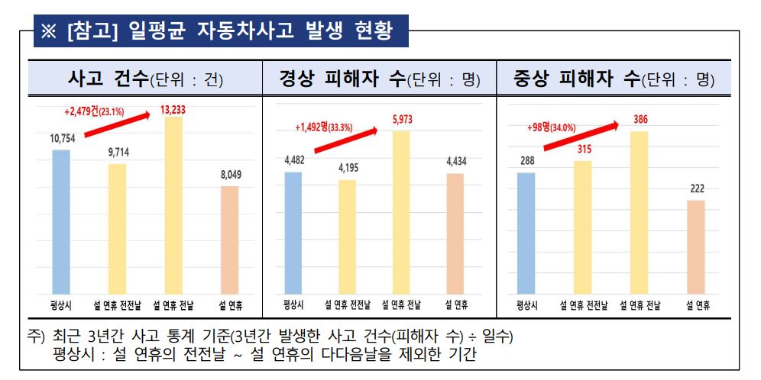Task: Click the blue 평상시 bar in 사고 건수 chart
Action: pos(61,222)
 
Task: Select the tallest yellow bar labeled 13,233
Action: pos(173,206)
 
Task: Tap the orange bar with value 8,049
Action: pos(230,240)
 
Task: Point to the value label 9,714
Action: pos(118,153)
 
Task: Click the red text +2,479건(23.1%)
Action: pos(96,111)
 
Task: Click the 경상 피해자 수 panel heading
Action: pos(378,78)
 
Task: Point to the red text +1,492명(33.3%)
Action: pos(324,127)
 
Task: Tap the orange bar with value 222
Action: pos(695,247)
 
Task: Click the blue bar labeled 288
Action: pos(526,233)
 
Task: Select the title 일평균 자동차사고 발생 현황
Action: pos(221,32)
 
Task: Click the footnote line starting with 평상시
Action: pos(264,356)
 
